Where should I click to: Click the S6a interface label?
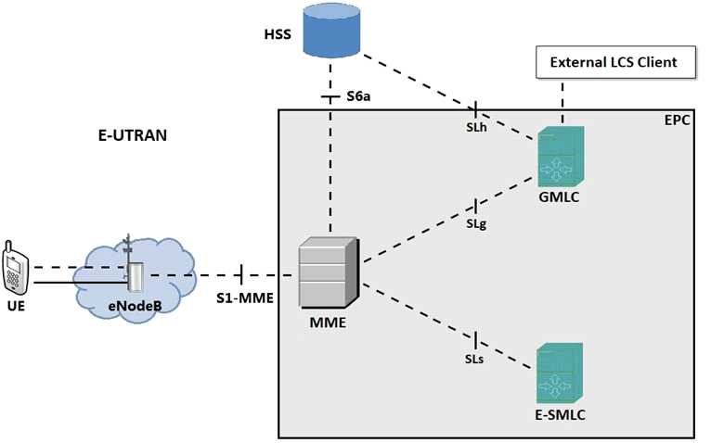click(359, 95)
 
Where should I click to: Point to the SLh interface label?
click(476, 127)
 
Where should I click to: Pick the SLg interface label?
click(476, 223)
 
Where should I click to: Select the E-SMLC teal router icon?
click(560, 371)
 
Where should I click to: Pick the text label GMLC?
click(561, 197)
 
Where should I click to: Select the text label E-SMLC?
click(560, 412)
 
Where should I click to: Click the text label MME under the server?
click(329, 325)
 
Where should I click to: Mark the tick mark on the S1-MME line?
click(241, 274)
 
